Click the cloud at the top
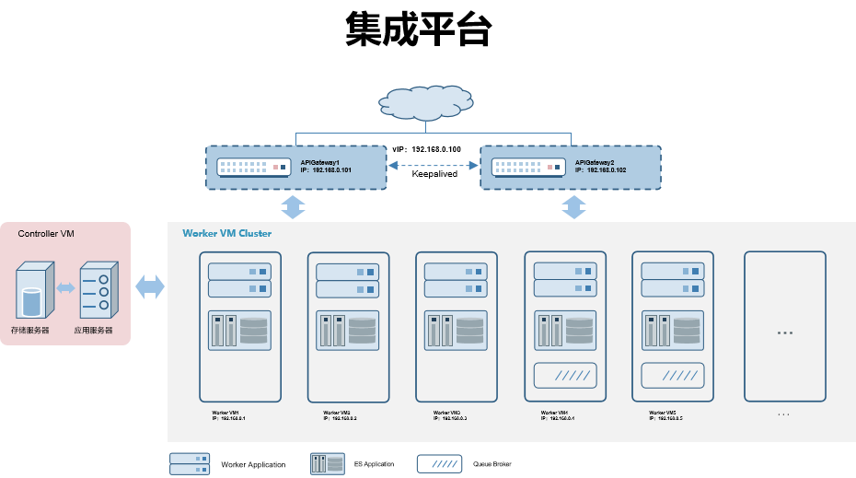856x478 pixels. pos(426,103)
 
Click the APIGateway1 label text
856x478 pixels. pos(320,163)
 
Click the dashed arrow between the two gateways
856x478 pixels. pos(434,166)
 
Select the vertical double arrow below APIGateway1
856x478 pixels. pos(293,206)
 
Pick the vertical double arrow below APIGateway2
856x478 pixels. pos(573,206)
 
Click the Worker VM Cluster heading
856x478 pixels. pos(226,234)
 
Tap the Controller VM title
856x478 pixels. pos(46,234)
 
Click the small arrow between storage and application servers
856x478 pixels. pos(65,288)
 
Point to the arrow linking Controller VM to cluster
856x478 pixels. pos(150,287)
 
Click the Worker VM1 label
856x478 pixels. pos(226,412)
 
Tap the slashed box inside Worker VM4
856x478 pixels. pos(565,376)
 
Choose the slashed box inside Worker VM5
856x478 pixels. pos(673,376)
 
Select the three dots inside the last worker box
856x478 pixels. pos(785,332)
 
